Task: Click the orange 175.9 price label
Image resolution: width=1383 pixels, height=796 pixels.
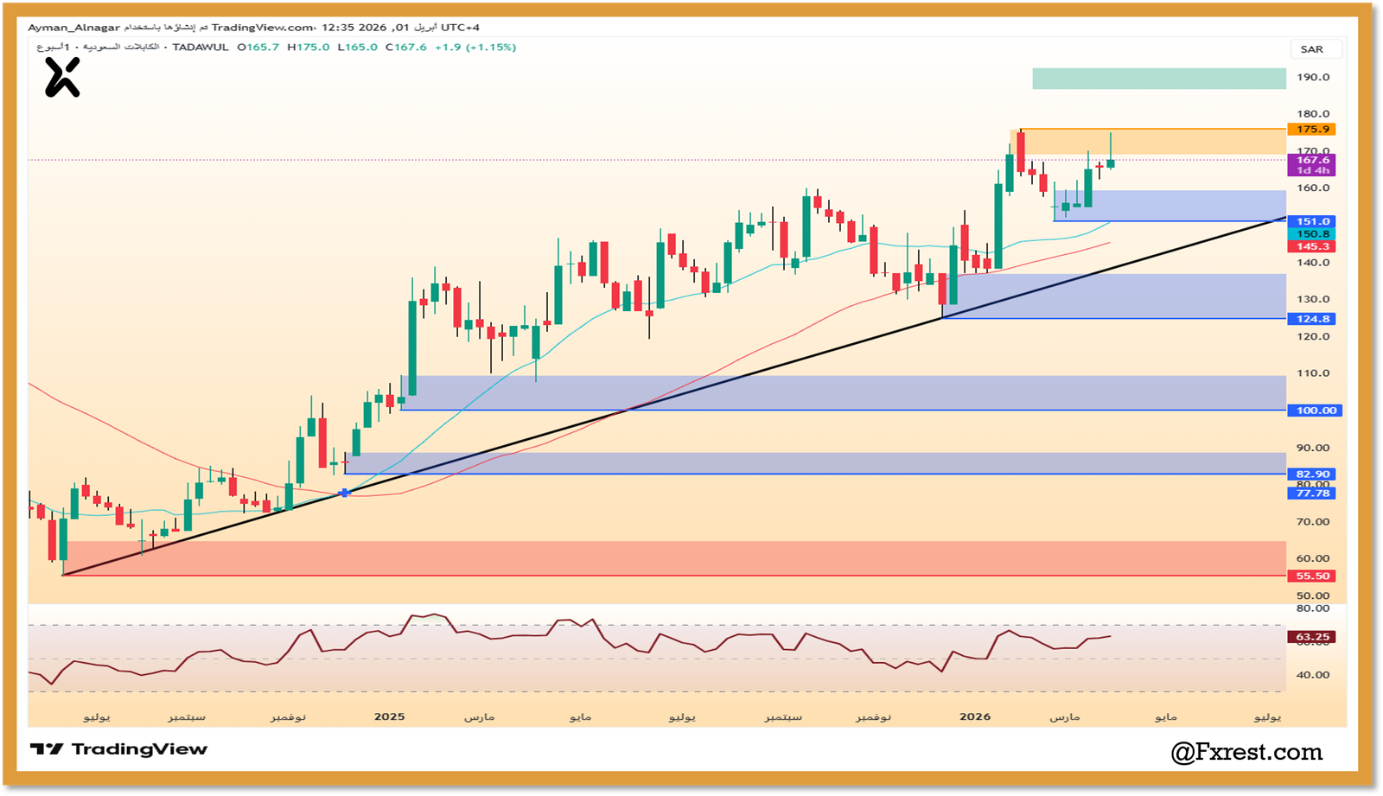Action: click(x=1312, y=130)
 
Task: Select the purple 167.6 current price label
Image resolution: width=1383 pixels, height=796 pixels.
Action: click(x=1312, y=160)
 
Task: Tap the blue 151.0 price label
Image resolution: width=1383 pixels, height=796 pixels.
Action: click(x=1312, y=222)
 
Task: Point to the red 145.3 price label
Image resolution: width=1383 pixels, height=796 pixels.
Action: click(x=1312, y=246)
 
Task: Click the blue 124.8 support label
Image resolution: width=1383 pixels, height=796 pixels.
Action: click(x=1312, y=319)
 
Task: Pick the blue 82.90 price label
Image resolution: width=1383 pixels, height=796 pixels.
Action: click(x=1312, y=474)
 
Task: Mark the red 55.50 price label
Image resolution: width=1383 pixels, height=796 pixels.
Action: click(x=1312, y=576)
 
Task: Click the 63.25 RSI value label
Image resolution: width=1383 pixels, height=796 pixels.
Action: click(x=1312, y=637)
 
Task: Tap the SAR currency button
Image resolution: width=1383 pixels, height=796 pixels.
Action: click(x=1311, y=49)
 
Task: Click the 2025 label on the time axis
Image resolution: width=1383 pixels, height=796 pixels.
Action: click(x=389, y=716)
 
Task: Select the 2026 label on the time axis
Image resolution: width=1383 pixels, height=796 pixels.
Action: click(x=975, y=716)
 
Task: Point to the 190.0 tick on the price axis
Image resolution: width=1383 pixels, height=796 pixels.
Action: click(x=1313, y=78)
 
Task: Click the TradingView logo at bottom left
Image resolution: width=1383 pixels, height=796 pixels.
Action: click(x=119, y=749)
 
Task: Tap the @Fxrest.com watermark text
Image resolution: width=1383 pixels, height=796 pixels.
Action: click(x=1246, y=752)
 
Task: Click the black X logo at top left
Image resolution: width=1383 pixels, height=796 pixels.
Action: click(x=62, y=78)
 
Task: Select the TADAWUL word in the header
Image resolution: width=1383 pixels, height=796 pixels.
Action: click(x=201, y=48)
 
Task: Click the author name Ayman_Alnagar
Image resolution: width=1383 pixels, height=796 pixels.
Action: click(x=73, y=28)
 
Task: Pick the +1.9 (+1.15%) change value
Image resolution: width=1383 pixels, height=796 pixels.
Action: click(x=475, y=48)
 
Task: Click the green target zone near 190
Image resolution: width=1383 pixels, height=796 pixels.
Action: click(x=1158, y=79)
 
